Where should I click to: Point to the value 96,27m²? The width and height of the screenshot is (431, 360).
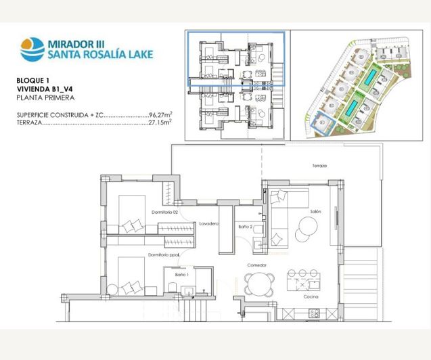click(x=160, y=116)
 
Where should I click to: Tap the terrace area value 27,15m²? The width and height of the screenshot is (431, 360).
click(x=160, y=124)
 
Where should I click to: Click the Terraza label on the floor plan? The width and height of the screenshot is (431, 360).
click(x=319, y=166)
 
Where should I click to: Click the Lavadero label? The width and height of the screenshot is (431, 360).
click(x=208, y=223)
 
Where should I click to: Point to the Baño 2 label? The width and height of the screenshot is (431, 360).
click(x=246, y=227)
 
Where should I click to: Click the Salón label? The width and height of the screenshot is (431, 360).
click(x=315, y=212)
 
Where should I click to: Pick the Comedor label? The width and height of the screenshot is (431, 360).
click(x=256, y=265)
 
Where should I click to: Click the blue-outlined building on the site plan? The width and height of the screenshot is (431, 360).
click(x=324, y=125)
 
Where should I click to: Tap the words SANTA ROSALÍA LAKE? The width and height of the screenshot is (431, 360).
click(x=100, y=55)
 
